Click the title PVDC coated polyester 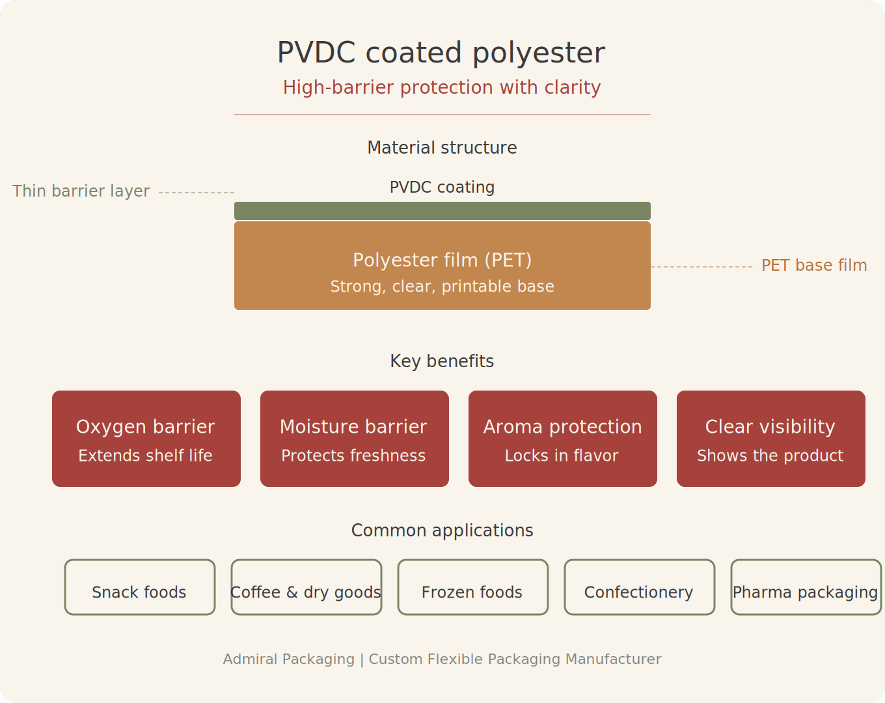pos(441,53)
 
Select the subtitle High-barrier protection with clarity pos(441,87)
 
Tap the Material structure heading pos(442,148)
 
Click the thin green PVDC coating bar pos(442,211)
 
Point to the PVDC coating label pos(442,187)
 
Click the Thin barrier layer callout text pos(81,191)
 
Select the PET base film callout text pos(813,266)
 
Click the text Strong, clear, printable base pos(442,286)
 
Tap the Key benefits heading pos(442,361)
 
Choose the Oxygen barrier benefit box pos(146,439)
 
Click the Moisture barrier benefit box pos(355,439)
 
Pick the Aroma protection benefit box pos(563,439)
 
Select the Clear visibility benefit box pos(771,439)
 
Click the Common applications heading pos(442,531)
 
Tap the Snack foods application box pos(140,587)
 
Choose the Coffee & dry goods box pos(306,587)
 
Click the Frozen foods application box pos(473,587)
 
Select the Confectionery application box pos(640,587)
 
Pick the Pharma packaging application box pos(806,587)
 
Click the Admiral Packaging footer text pos(442,659)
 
